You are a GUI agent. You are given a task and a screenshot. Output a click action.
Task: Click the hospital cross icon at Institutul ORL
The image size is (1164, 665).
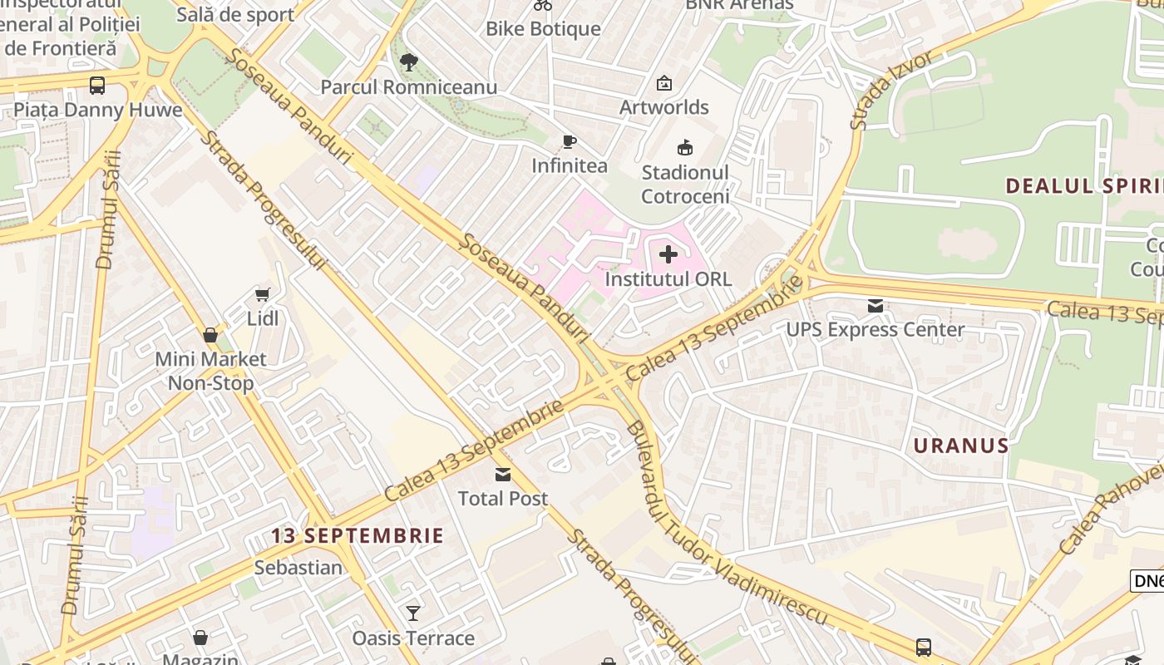668,254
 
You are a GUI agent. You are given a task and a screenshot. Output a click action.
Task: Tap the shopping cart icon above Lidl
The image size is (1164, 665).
263,294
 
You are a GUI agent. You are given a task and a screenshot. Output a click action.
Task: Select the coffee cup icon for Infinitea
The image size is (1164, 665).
569,141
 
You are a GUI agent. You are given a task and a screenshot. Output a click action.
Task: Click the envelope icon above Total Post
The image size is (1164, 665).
503,474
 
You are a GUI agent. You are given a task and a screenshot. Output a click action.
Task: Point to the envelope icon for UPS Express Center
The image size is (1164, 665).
875,305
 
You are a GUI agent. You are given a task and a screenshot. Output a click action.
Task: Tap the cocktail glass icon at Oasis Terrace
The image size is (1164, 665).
413,613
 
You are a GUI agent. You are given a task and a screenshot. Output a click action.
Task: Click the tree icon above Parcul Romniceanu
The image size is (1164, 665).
408,62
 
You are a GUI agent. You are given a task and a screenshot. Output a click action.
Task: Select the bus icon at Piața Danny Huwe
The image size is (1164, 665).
97,85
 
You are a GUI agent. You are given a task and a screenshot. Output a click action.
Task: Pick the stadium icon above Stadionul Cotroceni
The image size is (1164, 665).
685,148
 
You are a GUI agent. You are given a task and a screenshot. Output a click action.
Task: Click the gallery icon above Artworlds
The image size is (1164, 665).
663,83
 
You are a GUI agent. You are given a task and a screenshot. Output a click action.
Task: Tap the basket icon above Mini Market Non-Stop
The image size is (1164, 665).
210,335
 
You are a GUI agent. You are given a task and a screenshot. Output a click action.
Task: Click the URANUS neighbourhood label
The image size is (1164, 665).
961,446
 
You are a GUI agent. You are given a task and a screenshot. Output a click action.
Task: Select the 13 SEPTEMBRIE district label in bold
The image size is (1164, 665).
358,535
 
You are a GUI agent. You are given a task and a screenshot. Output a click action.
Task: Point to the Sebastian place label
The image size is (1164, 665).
298,568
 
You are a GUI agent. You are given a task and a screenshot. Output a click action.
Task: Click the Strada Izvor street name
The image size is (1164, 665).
892,90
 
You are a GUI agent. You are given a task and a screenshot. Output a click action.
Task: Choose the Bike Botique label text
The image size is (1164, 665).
543,29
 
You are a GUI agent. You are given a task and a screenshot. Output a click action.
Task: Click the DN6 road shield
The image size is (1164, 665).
1147,581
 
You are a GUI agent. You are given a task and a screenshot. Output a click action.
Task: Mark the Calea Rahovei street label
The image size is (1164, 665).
1111,509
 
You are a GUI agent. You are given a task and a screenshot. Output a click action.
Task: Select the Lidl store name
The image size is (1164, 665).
263,318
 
